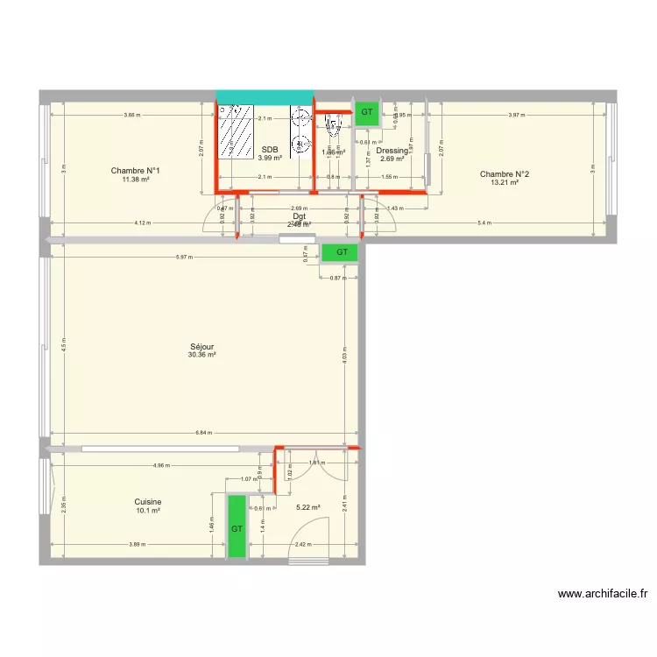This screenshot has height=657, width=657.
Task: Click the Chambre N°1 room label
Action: click(x=134, y=171)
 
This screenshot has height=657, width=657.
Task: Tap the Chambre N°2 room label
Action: click(x=505, y=174)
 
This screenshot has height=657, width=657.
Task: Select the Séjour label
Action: click(x=201, y=346)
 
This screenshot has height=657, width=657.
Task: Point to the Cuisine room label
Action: click(x=148, y=502)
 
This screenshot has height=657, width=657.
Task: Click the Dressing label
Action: click(x=392, y=151)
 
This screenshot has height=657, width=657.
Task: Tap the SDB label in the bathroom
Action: click(x=269, y=150)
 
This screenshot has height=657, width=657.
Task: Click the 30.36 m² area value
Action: click(x=201, y=355)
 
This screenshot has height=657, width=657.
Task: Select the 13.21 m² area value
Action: click(x=505, y=183)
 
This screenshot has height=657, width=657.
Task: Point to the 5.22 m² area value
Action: click(x=308, y=507)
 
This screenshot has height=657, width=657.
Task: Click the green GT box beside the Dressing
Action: click(x=366, y=112)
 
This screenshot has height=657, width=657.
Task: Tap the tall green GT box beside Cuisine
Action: click(x=237, y=526)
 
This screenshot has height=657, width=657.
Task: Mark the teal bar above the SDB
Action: click(x=265, y=96)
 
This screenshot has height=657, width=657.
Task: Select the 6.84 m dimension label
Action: click(x=203, y=433)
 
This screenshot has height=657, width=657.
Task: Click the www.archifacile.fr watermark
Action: click(x=604, y=593)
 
